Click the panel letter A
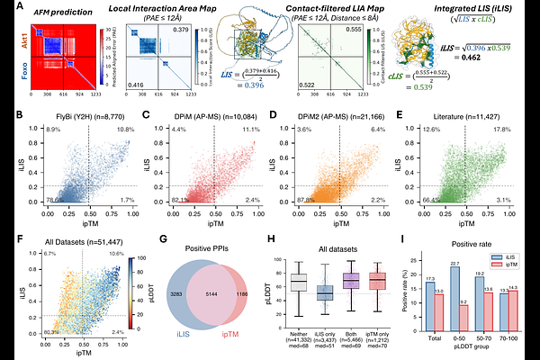(x=6, y=7)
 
